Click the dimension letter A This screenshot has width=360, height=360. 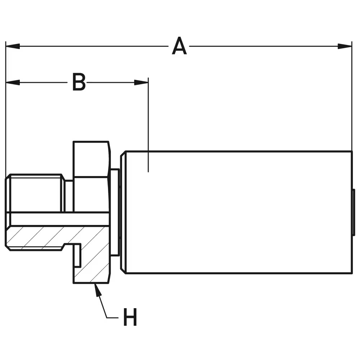point(179,46)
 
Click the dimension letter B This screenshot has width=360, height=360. point(79,82)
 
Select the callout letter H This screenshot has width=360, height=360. point(130,317)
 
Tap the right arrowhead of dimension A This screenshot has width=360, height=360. point(345,46)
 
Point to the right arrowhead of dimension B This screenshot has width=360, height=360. point(141,82)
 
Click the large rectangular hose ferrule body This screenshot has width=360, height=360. point(238,212)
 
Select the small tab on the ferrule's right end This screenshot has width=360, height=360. point(354,212)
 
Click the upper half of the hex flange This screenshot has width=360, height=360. point(91,158)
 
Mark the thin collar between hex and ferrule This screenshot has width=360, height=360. point(115,212)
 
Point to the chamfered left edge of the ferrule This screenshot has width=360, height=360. point(123,212)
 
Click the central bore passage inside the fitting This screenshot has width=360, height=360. point(58,219)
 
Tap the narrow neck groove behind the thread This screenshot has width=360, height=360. point(68,196)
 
